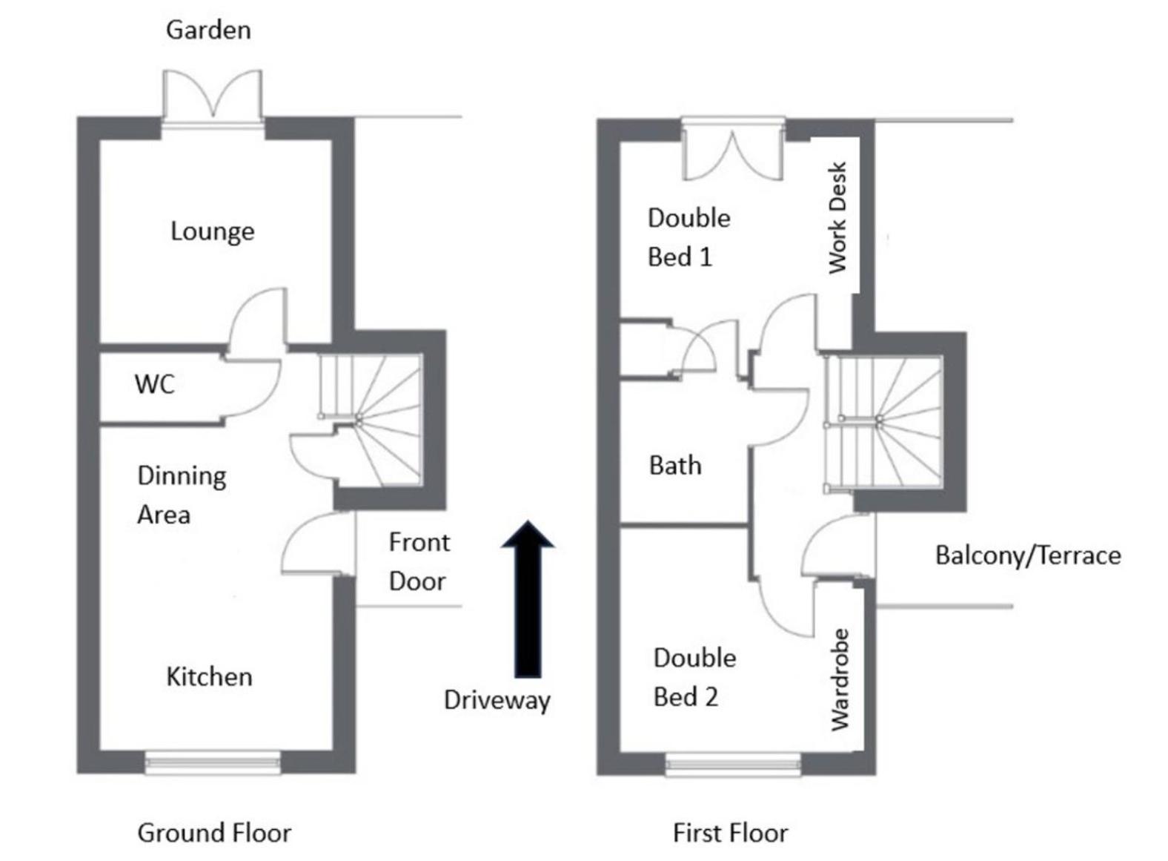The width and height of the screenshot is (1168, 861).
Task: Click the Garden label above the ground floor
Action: [x=208, y=30]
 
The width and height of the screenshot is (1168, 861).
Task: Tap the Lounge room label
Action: [x=213, y=232]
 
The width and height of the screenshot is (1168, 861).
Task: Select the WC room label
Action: [x=155, y=384]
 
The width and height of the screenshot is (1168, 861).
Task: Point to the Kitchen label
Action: [x=210, y=677]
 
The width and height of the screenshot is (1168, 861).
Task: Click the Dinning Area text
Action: [x=182, y=495]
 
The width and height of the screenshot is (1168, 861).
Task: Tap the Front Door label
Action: [x=419, y=562]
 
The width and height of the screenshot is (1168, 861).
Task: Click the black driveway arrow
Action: [x=528, y=599]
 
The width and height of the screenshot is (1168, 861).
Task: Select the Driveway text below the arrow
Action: [x=497, y=701]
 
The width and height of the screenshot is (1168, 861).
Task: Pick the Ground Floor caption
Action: [x=214, y=833]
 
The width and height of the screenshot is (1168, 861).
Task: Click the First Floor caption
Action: [x=731, y=833]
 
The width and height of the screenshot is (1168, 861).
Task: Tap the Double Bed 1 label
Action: [x=688, y=237]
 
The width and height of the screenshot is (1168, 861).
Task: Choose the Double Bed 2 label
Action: [x=694, y=677]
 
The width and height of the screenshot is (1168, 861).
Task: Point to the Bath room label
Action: [x=675, y=466]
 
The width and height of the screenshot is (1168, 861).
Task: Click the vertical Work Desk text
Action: [x=837, y=217]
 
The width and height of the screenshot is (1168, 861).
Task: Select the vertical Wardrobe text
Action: [x=840, y=680]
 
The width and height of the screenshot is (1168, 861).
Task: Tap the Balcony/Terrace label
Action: [x=1028, y=555]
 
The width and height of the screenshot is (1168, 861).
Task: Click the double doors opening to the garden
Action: [x=212, y=96]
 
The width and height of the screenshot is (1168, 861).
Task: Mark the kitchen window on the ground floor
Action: [x=212, y=762]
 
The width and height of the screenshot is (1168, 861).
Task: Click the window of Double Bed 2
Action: [x=733, y=764]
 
